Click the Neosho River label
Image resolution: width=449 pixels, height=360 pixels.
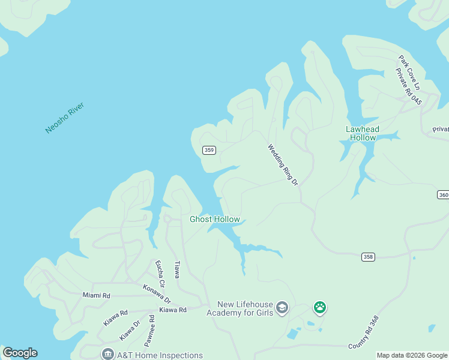tap(65, 118)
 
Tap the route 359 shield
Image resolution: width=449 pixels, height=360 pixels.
tap(209, 150)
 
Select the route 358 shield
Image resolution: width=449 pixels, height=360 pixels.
tap(368, 257)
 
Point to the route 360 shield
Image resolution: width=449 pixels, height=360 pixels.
tap(443, 195)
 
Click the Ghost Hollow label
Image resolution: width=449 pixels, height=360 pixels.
tap(215, 219)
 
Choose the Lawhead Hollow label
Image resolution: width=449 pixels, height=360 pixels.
tap(361, 133)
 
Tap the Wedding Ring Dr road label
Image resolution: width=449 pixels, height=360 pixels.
tap(283, 164)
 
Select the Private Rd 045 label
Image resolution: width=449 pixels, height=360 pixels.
tap(409, 88)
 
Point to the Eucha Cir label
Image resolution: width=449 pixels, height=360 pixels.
tap(159, 272)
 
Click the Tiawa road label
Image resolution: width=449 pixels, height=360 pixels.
tap(176, 269)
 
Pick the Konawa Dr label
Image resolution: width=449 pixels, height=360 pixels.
tap(157, 293)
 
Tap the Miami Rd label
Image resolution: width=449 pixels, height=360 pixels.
tap(97, 295)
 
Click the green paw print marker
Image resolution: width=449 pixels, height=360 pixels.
tap(320, 308)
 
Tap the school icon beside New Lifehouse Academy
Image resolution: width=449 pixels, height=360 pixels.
tap(282, 309)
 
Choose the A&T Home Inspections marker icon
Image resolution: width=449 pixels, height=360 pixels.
tap(107, 355)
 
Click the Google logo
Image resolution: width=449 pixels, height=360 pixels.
tap(20, 353)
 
